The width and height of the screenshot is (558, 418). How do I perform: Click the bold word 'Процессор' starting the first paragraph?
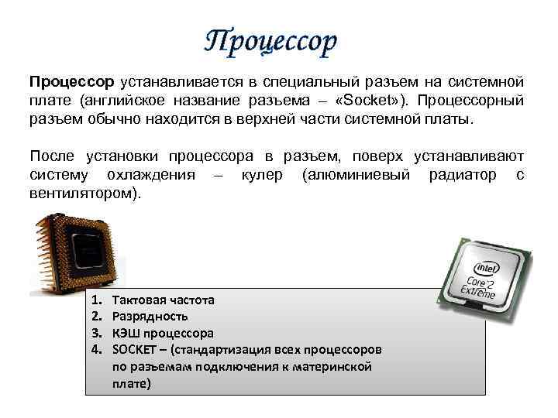click(x=71, y=82)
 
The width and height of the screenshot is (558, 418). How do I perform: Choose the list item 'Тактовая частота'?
click(x=164, y=300)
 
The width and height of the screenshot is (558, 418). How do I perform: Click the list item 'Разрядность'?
click(x=150, y=317)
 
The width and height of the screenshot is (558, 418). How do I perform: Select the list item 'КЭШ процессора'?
click(x=163, y=334)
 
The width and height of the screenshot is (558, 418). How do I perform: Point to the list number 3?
click(x=96, y=334)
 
